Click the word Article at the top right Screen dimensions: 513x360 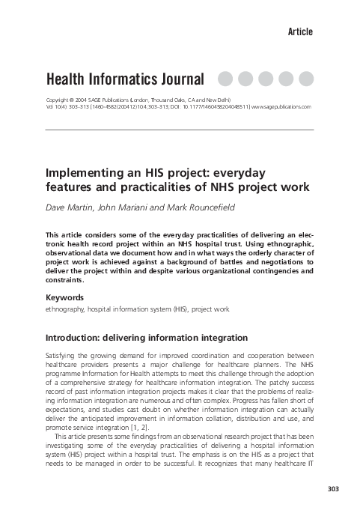click(x=300, y=31)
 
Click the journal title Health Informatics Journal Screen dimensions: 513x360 click(x=125, y=79)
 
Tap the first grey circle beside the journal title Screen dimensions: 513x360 click(x=225, y=79)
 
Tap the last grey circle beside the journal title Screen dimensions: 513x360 click(x=305, y=79)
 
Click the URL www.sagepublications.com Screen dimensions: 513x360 click(x=281, y=107)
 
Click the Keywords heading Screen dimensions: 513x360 click(x=66, y=297)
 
